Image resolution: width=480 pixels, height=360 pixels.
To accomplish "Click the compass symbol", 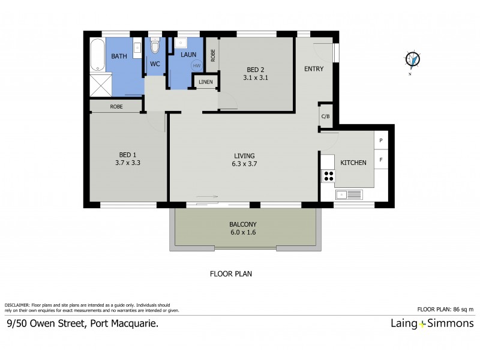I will click(413, 59).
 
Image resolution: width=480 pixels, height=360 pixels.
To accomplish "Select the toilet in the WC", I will click(155, 46).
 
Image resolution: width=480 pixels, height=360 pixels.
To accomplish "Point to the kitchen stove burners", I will click(328, 176).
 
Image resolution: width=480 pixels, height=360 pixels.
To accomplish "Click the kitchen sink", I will click(349, 194).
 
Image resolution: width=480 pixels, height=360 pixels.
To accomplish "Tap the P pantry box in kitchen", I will click(380, 140).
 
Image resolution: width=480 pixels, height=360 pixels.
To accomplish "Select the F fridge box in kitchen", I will click(380, 160).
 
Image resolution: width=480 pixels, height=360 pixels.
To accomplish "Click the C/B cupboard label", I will click(325, 116).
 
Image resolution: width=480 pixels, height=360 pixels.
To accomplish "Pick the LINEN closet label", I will click(205, 82).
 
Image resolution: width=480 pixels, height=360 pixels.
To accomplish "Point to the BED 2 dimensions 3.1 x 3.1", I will click(255, 77).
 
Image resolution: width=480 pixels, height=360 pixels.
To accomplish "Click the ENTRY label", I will click(314, 69).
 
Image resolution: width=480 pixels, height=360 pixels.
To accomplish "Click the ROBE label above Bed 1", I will click(116, 106).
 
